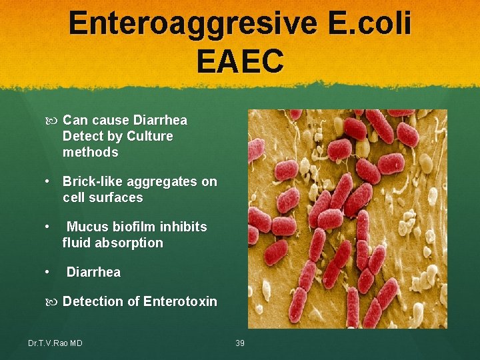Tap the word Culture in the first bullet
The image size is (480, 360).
(x=149, y=137)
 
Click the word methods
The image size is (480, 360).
(x=90, y=153)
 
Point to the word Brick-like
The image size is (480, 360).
(x=93, y=182)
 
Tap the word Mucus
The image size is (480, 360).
(x=87, y=227)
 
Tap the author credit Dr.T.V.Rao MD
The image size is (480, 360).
(x=55, y=343)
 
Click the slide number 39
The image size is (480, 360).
(x=241, y=343)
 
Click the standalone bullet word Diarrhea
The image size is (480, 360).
(x=93, y=273)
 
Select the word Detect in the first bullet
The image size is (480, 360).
(x=83, y=137)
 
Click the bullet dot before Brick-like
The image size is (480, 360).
(x=49, y=182)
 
